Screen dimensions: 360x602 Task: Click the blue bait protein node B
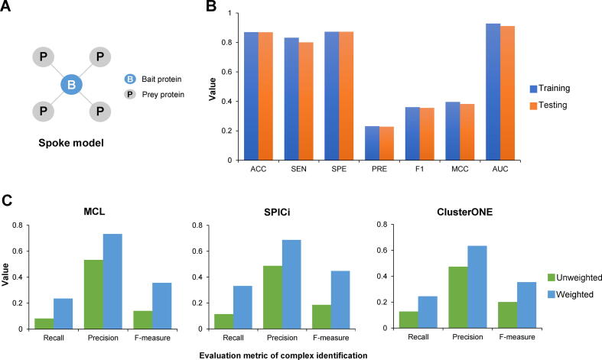tap(70, 84)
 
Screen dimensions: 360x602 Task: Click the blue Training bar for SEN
tap(291, 99)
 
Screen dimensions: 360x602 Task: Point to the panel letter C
tap(7, 201)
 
